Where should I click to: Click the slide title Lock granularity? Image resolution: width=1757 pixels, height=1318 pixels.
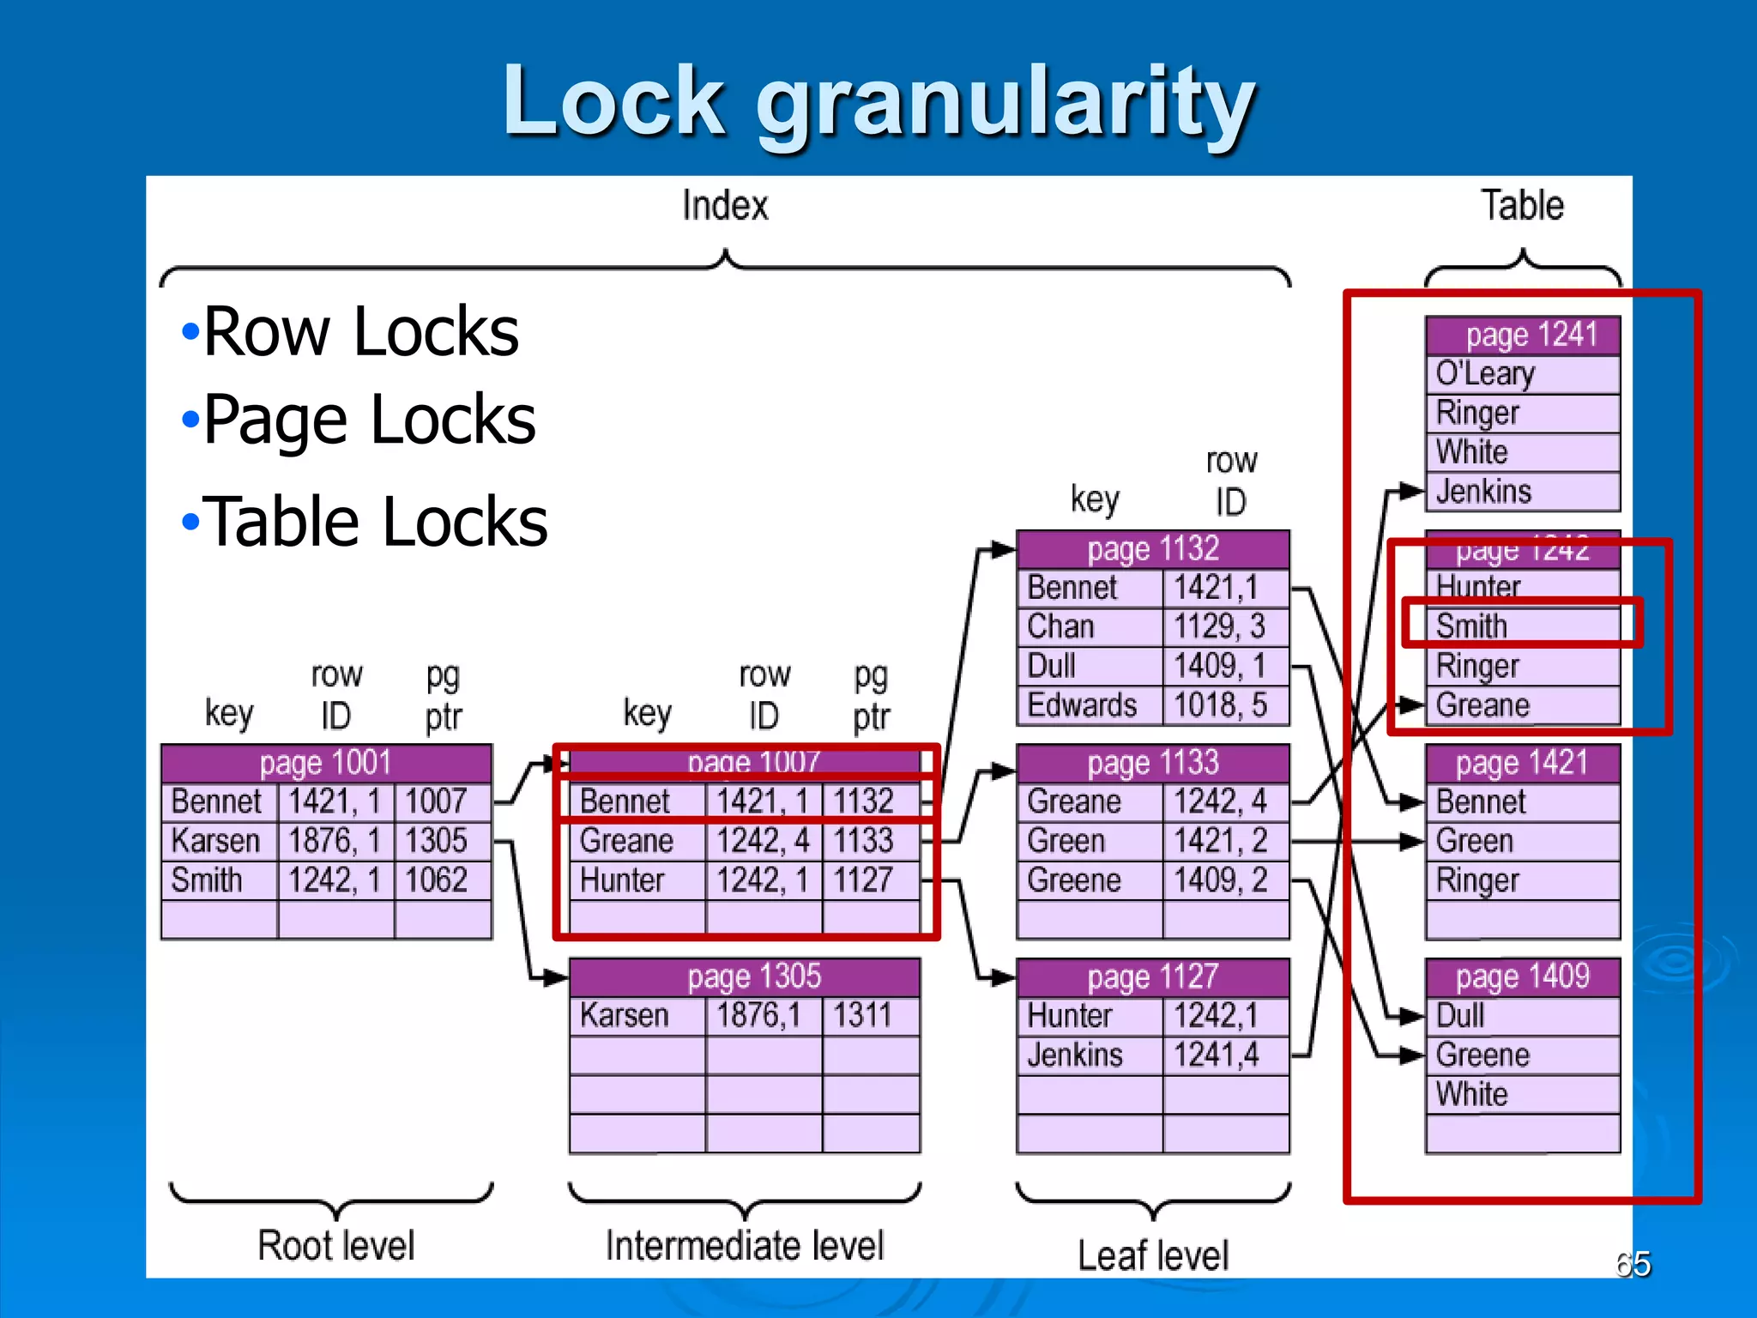click(x=878, y=101)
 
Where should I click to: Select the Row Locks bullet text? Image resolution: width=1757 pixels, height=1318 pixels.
click(x=360, y=331)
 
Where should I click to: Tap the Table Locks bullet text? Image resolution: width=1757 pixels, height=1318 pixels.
click(x=375, y=522)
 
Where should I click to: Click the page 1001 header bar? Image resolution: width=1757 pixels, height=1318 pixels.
click(x=326, y=762)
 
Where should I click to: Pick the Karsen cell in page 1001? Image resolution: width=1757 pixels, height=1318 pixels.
click(x=216, y=841)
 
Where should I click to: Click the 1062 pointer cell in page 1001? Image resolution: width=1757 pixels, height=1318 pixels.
click(x=437, y=880)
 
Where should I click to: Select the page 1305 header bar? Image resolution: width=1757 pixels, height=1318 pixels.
click(x=745, y=976)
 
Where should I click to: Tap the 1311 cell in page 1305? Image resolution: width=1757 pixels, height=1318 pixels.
click(x=863, y=1016)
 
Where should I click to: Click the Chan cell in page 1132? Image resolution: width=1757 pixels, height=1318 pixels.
click(x=1061, y=626)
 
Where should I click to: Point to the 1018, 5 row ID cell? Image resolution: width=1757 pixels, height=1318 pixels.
click(x=1220, y=705)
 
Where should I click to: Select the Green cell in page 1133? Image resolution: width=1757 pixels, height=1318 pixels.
click(x=1066, y=841)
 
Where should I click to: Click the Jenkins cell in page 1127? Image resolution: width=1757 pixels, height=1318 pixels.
click(x=1075, y=1055)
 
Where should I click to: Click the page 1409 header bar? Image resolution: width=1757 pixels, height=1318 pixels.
click(x=1523, y=976)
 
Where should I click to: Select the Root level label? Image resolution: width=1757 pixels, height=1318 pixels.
click(x=336, y=1246)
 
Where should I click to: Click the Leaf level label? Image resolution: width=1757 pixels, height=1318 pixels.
click(x=1153, y=1255)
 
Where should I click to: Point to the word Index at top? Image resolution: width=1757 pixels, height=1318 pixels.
click(x=725, y=206)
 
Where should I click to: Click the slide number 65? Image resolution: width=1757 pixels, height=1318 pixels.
click(x=1633, y=1264)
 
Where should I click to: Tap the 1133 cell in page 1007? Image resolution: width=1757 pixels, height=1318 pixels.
click(x=864, y=841)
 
